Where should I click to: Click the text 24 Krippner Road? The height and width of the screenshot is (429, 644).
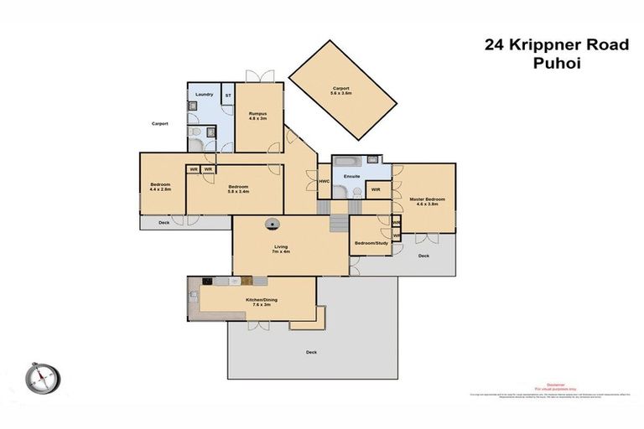556,44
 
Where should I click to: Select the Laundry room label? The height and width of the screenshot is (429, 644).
204,95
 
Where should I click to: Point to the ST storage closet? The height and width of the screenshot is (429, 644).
227,96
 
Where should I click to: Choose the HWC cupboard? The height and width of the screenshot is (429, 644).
324,180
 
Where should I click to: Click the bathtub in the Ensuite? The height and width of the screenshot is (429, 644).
345,161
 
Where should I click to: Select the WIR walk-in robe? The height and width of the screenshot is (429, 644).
376,190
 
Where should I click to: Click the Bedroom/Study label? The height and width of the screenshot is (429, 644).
369,243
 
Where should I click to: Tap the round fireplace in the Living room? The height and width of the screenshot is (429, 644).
273,224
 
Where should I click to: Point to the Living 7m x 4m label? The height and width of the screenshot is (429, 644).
281,249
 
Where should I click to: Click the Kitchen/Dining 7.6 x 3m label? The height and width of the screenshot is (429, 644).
257,302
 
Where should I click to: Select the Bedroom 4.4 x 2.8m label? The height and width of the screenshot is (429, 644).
160,187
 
